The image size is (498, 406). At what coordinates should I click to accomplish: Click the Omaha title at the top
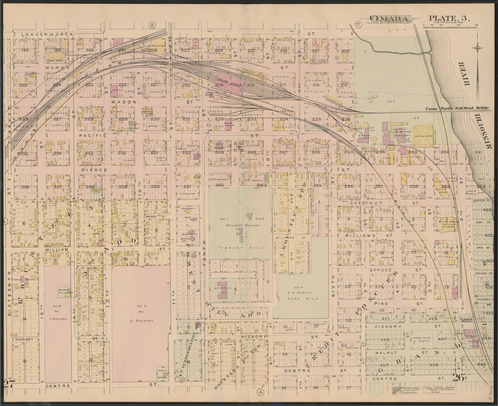pyautogui.click(x=389, y=19)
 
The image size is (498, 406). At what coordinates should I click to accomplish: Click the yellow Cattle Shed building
pyautogui.click(x=424, y=136)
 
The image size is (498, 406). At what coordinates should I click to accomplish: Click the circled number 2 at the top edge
pyautogui.click(x=152, y=25)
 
